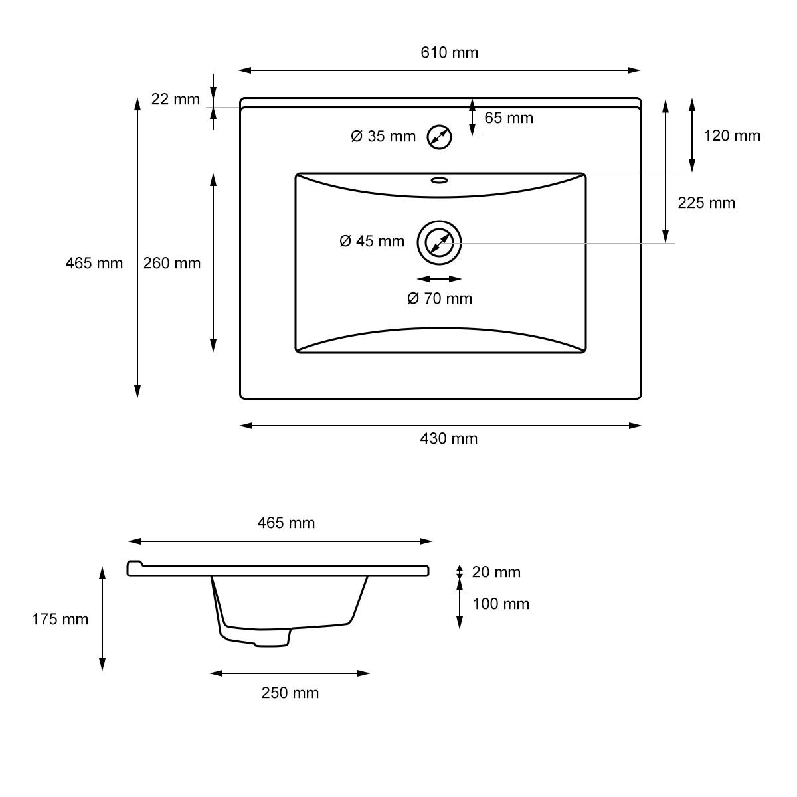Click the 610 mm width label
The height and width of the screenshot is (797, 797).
click(449, 52)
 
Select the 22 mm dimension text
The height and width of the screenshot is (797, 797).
click(175, 100)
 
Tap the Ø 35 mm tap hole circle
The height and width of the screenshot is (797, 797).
click(439, 137)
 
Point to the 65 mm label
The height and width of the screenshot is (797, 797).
click(509, 118)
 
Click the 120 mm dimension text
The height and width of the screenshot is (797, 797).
click(732, 136)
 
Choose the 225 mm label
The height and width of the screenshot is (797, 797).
click(706, 203)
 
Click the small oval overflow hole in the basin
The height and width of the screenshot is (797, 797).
click(440, 179)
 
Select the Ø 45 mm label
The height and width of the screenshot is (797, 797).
click(372, 241)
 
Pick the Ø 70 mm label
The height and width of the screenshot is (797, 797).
click(440, 298)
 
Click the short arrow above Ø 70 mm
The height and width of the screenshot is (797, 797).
click(439, 280)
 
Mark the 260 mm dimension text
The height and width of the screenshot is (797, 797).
click(172, 263)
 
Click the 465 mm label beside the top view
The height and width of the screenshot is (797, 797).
click(94, 263)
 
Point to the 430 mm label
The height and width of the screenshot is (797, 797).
click(449, 438)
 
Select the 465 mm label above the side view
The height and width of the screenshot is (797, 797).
click(286, 523)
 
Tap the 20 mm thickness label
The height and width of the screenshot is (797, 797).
click(496, 572)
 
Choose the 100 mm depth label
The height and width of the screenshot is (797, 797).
click(501, 604)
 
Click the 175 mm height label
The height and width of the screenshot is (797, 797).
click(60, 619)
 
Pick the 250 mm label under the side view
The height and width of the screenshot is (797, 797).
click(290, 693)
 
